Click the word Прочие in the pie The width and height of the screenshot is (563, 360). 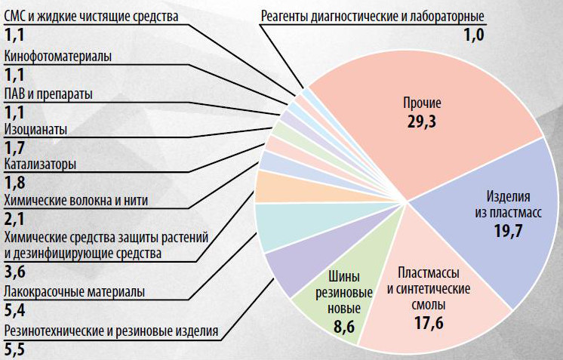pyautogui.click(x=422, y=103)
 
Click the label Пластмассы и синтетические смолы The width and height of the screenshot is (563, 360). pyautogui.click(x=428, y=288)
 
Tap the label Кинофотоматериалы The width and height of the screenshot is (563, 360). pyautogui.click(x=57, y=56)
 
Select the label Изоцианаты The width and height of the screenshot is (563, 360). pyautogui.click(x=35, y=129)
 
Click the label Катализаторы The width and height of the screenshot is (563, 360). pyautogui.click(x=41, y=164)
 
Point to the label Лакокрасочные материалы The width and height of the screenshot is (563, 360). pyautogui.click(x=74, y=292)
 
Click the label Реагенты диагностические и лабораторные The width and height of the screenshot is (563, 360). pyautogui.click(x=372, y=17)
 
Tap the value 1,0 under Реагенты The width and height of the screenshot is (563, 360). pyautogui.click(x=473, y=34)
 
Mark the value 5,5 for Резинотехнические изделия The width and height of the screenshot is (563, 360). pyautogui.click(x=14, y=349)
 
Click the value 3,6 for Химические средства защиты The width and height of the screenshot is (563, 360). pyautogui.click(x=14, y=271)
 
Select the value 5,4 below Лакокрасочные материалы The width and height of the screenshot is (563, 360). pyautogui.click(x=14, y=309)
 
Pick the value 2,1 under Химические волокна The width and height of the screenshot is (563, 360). pyautogui.click(x=14, y=218)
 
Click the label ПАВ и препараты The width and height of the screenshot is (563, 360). pyautogui.click(x=48, y=94)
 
